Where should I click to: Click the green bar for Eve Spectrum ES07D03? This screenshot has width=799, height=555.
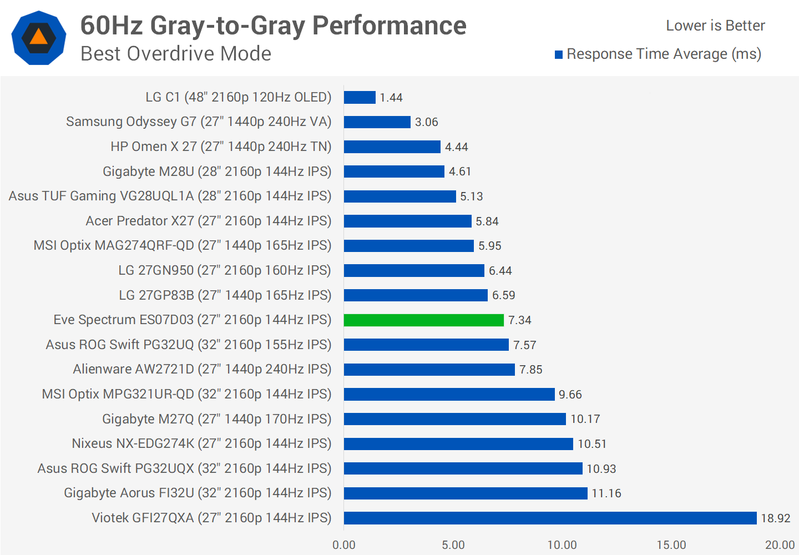click(424, 320)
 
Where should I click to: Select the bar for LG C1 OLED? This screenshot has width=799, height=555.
click(360, 98)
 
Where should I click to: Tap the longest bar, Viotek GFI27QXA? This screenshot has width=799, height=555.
click(550, 518)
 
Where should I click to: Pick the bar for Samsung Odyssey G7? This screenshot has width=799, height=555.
click(377, 122)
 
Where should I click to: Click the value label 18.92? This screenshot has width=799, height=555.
click(775, 518)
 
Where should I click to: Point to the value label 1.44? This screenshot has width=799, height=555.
click(391, 98)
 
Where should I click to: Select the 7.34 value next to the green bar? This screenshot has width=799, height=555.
click(520, 320)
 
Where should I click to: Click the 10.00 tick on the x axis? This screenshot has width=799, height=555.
click(562, 545)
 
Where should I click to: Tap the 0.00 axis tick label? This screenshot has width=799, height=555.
click(344, 545)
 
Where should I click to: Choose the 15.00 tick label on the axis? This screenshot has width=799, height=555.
click(671, 545)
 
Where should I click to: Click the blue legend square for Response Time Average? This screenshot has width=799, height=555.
click(559, 54)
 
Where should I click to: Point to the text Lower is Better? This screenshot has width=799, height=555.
click(715, 26)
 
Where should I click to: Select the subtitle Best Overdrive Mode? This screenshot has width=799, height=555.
click(176, 54)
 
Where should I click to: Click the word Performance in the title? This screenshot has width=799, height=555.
click(389, 26)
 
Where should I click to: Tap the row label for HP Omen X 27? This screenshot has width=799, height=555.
click(221, 147)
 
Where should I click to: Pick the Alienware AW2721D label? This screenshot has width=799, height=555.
click(202, 369)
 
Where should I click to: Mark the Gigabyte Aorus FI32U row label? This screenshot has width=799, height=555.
click(198, 493)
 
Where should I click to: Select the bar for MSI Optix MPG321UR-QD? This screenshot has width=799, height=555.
click(449, 395)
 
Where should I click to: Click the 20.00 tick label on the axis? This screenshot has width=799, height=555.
click(780, 545)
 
